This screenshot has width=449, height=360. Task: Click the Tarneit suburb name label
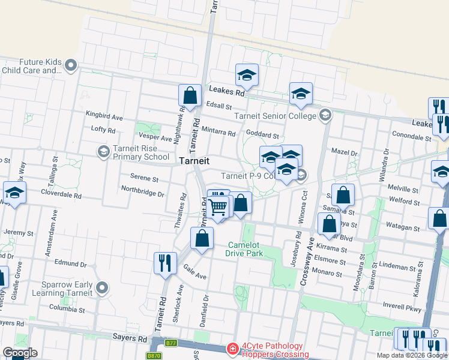(x=194, y=161)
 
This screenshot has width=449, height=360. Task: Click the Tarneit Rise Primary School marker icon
(x=103, y=151)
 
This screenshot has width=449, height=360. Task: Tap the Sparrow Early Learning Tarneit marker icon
(x=102, y=289)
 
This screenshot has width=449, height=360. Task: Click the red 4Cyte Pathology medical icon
(x=232, y=349)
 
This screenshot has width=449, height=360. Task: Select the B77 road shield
(x=172, y=343)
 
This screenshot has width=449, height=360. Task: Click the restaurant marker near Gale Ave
(x=164, y=262)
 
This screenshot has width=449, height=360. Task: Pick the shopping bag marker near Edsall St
(x=190, y=95)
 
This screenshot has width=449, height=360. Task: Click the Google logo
(x=20, y=353)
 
